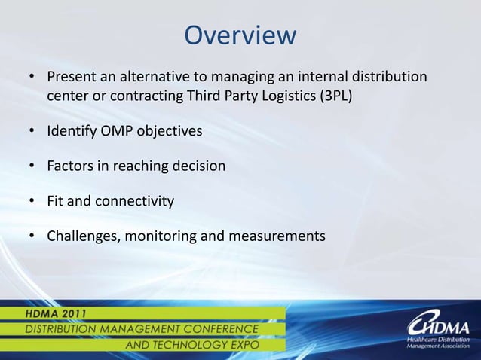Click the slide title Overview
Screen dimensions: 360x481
[x=240, y=35]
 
